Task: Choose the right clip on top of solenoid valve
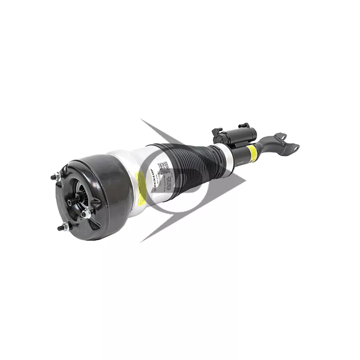243,125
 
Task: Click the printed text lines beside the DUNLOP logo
173,182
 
